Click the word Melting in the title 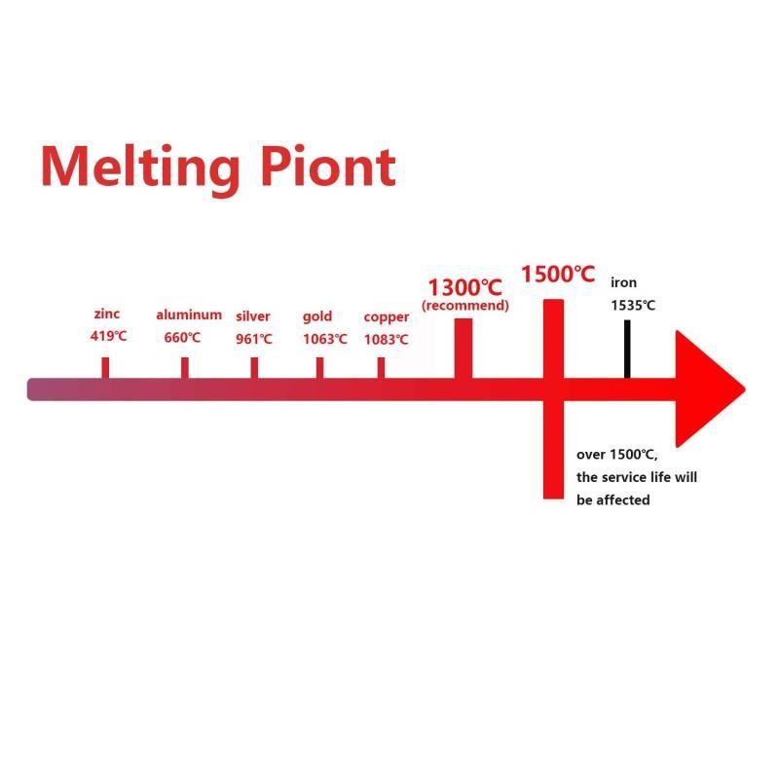(x=138, y=167)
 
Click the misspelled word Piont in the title (x=330, y=167)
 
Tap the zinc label (x=107, y=315)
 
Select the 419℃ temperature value (x=107, y=337)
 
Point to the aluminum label (x=189, y=315)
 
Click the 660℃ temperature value (x=182, y=338)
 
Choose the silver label (x=253, y=315)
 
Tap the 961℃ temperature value (x=254, y=339)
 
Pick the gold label (x=317, y=315)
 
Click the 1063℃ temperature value (x=324, y=339)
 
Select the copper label (x=387, y=316)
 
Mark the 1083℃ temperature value (x=387, y=339)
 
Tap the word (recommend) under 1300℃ (x=464, y=306)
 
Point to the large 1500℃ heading (x=557, y=274)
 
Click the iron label (x=623, y=282)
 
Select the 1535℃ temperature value (x=633, y=305)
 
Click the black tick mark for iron (x=627, y=349)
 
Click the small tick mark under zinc (x=105, y=367)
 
